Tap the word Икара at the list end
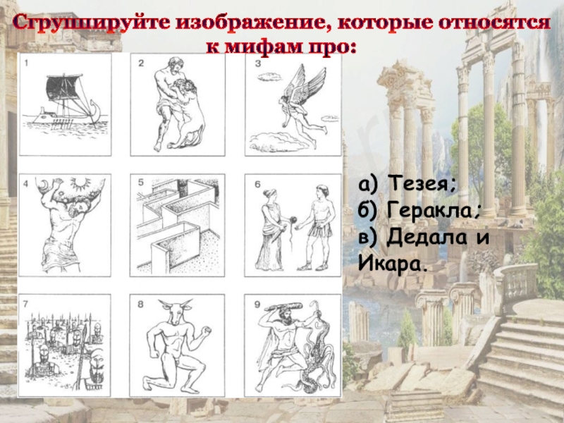(391, 264)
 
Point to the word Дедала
(427, 238)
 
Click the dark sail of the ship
(64, 87)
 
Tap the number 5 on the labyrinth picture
(140, 183)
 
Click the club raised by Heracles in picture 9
(283, 307)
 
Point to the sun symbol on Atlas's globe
(80, 183)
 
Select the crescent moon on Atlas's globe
(44, 185)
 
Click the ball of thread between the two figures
(293, 219)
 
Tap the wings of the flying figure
(303, 85)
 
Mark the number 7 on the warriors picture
(25, 305)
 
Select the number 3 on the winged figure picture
(257, 63)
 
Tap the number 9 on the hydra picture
(257, 305)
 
